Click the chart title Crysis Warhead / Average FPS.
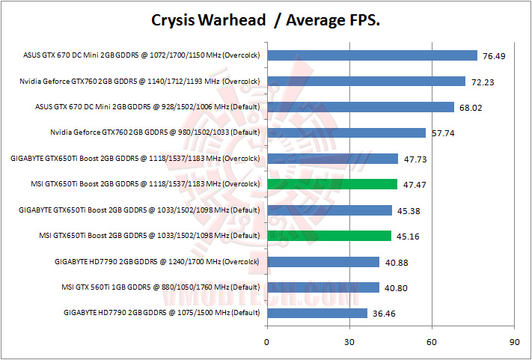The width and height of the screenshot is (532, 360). point(266,19)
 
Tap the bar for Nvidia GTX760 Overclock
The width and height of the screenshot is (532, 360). point(366,81)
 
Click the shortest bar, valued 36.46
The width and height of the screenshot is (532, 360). point(317,313)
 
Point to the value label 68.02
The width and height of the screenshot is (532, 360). point(470,108)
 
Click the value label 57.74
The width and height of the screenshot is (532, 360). point(441,133)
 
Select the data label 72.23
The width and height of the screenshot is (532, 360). point(481,82)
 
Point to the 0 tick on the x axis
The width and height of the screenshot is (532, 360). point(267,341)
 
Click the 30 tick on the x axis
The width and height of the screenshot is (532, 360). point(349,341)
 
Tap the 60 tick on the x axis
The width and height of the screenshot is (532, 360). point(432,341)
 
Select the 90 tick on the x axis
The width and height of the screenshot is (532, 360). point(514,341)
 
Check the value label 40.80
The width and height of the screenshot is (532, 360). point(395,288)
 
